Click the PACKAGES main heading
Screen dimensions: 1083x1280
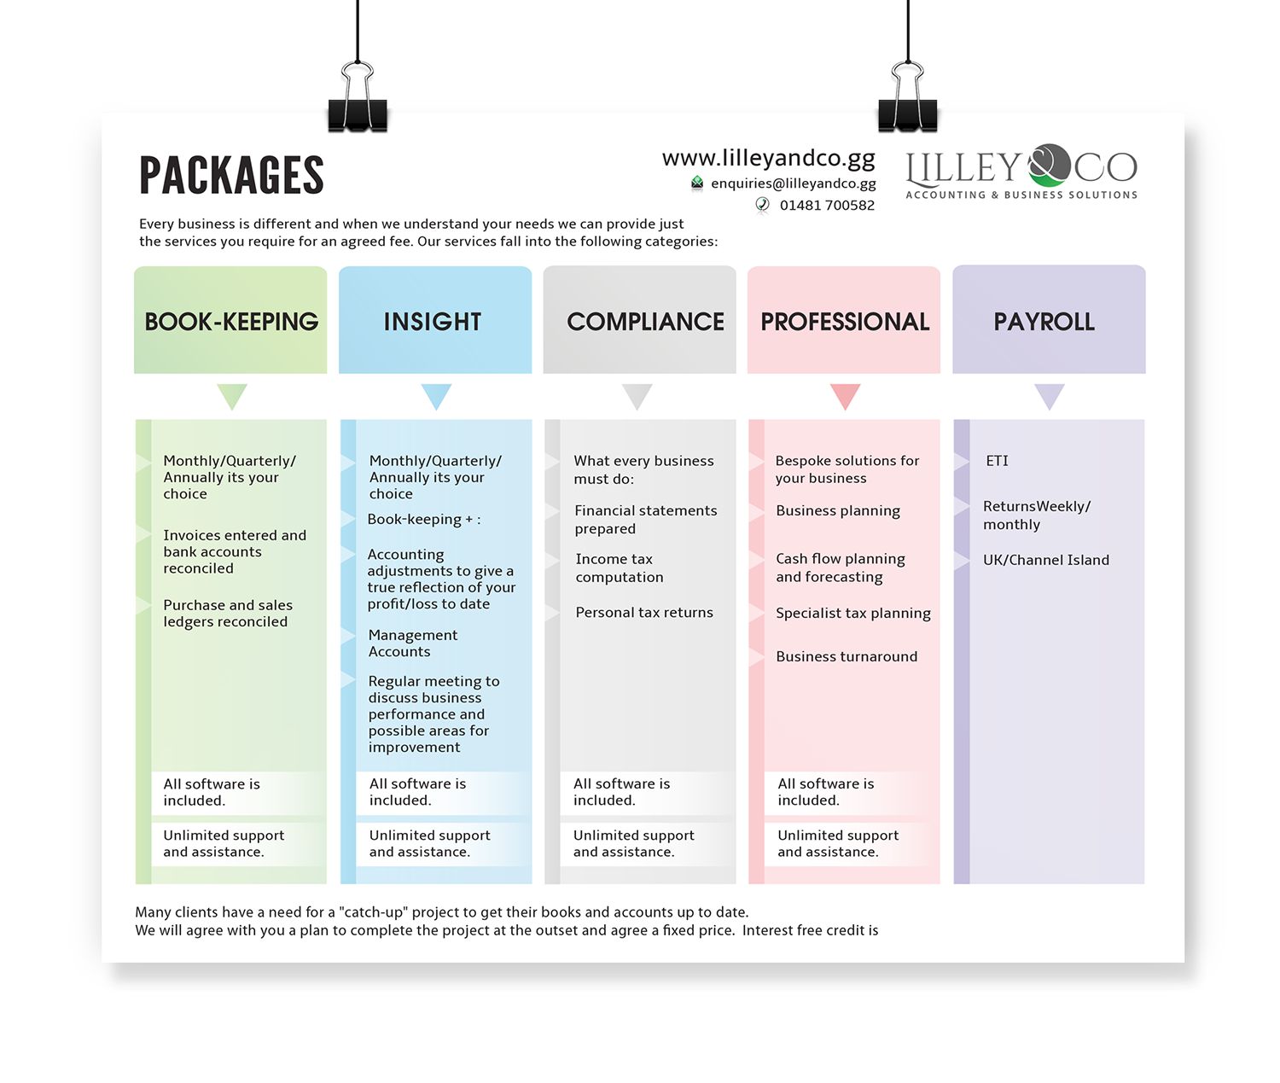pos(231,175)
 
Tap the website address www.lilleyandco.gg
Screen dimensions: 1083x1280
pos(768,158)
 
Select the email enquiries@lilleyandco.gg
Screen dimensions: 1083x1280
pos(793,183)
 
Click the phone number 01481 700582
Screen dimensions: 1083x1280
pos(826,206)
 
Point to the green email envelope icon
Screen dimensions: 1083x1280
pos(697,183)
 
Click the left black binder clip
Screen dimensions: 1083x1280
pos(358,102)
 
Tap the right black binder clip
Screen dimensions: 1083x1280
pos(907,102)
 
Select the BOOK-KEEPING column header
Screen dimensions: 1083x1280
pos(230,321)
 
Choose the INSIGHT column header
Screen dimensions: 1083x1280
pos(433,321)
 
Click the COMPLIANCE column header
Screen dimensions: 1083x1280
pos(645,321)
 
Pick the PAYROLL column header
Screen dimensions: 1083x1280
pos(1044,321)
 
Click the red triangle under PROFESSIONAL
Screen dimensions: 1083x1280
pos(845,395)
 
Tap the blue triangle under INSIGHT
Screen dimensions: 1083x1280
pos(436,395)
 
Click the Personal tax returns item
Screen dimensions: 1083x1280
pos(643,613)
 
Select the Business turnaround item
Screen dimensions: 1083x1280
pos(847,656)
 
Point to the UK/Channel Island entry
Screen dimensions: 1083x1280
pos(1045,560)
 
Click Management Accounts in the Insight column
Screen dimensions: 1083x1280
pos(413,643)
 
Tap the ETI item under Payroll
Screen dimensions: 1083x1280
pos(997,461)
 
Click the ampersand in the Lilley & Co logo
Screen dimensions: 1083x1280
pos(1048,166)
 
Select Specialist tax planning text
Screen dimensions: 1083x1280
pos(852,614)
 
